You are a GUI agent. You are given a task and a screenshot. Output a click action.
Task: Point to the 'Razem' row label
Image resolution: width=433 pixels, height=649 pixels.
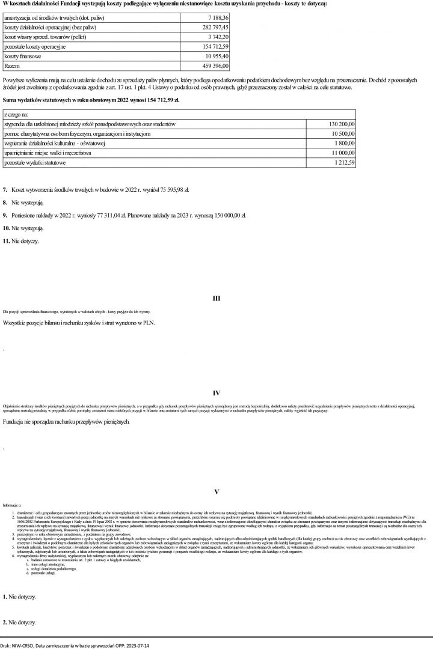[x=12, y=65]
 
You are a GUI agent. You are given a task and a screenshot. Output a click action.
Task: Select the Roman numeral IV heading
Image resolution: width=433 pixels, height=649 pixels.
[x=216, y=394]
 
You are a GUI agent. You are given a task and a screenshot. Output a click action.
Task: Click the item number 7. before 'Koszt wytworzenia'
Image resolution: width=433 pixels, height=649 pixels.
[x=5, y=189]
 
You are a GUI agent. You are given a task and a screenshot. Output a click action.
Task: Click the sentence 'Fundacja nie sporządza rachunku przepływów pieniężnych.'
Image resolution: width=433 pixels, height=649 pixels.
[x=66, y=422]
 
